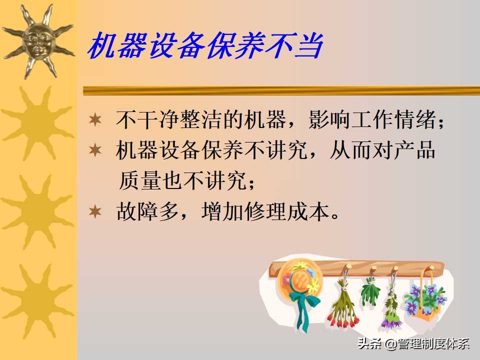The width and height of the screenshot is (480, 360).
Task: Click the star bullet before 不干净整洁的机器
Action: click(95, 120)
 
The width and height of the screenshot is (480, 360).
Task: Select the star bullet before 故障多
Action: click(95, 212)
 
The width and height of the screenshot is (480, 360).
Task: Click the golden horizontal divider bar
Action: click(280, 90)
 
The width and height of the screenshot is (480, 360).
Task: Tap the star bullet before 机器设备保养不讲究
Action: click(95, 150)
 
